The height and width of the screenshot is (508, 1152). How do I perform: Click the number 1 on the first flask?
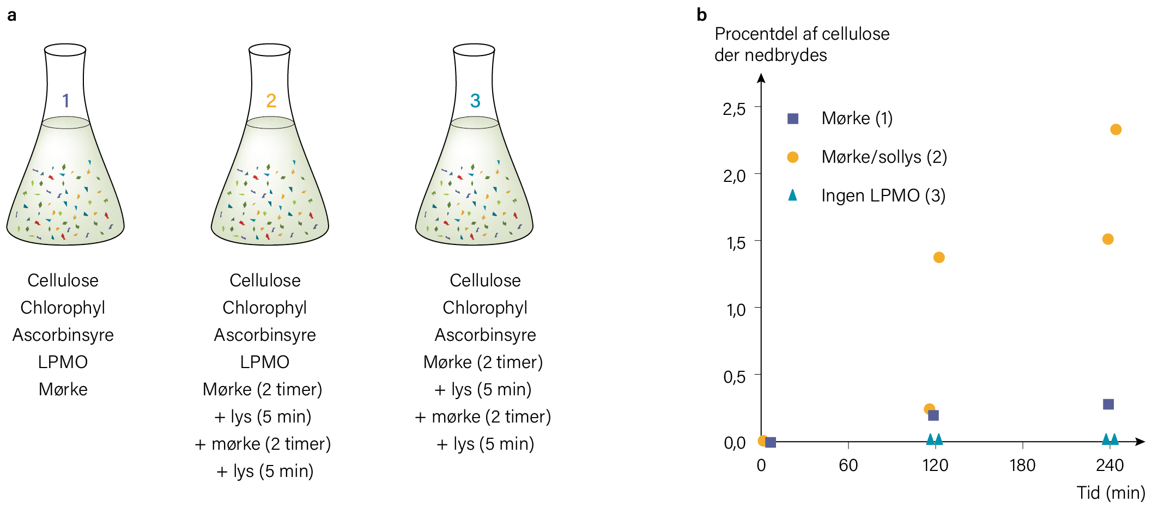pyautogui.click(x=66, y=101)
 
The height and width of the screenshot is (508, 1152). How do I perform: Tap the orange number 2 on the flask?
pyautogui.click(x=271, y=101)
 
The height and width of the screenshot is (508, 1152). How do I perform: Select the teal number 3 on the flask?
pyautogui.click(x=475, y=101)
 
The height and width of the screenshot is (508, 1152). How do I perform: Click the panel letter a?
pyautogui.click(x=11, y=15)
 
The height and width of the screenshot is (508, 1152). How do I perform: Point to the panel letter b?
pyautogui.click(x=702, y=15)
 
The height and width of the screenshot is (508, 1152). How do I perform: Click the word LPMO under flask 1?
pyautogui.click(x=63, y=362)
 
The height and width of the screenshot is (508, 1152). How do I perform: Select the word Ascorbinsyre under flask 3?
pyautogui.click(x=485, y=335)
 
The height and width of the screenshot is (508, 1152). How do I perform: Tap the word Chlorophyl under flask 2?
pyautogui.click(x=265, y=308)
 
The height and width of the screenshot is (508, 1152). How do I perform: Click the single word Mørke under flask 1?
pyautogui.click(x=63, y=389)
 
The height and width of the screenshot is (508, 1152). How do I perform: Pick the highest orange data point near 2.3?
pyautogui.click(x=1115, y=130)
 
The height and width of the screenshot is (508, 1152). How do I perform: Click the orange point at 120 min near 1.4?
pyautogui.click(x=938, y=257)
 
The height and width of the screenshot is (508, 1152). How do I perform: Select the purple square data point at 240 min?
pyautogui.click(x=1108, y=404)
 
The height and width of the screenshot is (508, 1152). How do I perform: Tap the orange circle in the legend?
pyautogui.click(x=793, y=157)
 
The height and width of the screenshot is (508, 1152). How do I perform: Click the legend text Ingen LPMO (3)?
pyautogui.click(x=883, y=195)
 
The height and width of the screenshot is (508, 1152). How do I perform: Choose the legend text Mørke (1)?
pyautogui.click(x=857, y=118)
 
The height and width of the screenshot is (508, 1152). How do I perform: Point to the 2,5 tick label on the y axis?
pyautogui.click(x=734, y=109)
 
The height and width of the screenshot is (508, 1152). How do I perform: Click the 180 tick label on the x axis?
pyautogui.click(x=1022, y=465)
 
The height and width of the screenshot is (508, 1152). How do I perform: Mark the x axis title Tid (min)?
pyautogui.click(x=1111, y=493)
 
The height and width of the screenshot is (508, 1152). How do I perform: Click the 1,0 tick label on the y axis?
pyautogui.click(x=735, y=310)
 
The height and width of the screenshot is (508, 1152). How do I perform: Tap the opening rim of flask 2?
pyautogui.click(x=270, y=50)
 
